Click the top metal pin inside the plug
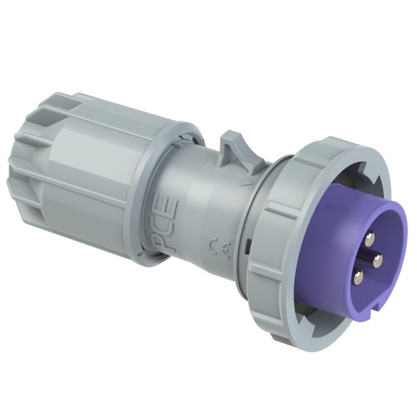coord(369,239)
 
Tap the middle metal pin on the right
coord(378,261)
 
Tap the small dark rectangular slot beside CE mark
coord(247,246)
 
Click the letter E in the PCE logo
coord(171,205)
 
